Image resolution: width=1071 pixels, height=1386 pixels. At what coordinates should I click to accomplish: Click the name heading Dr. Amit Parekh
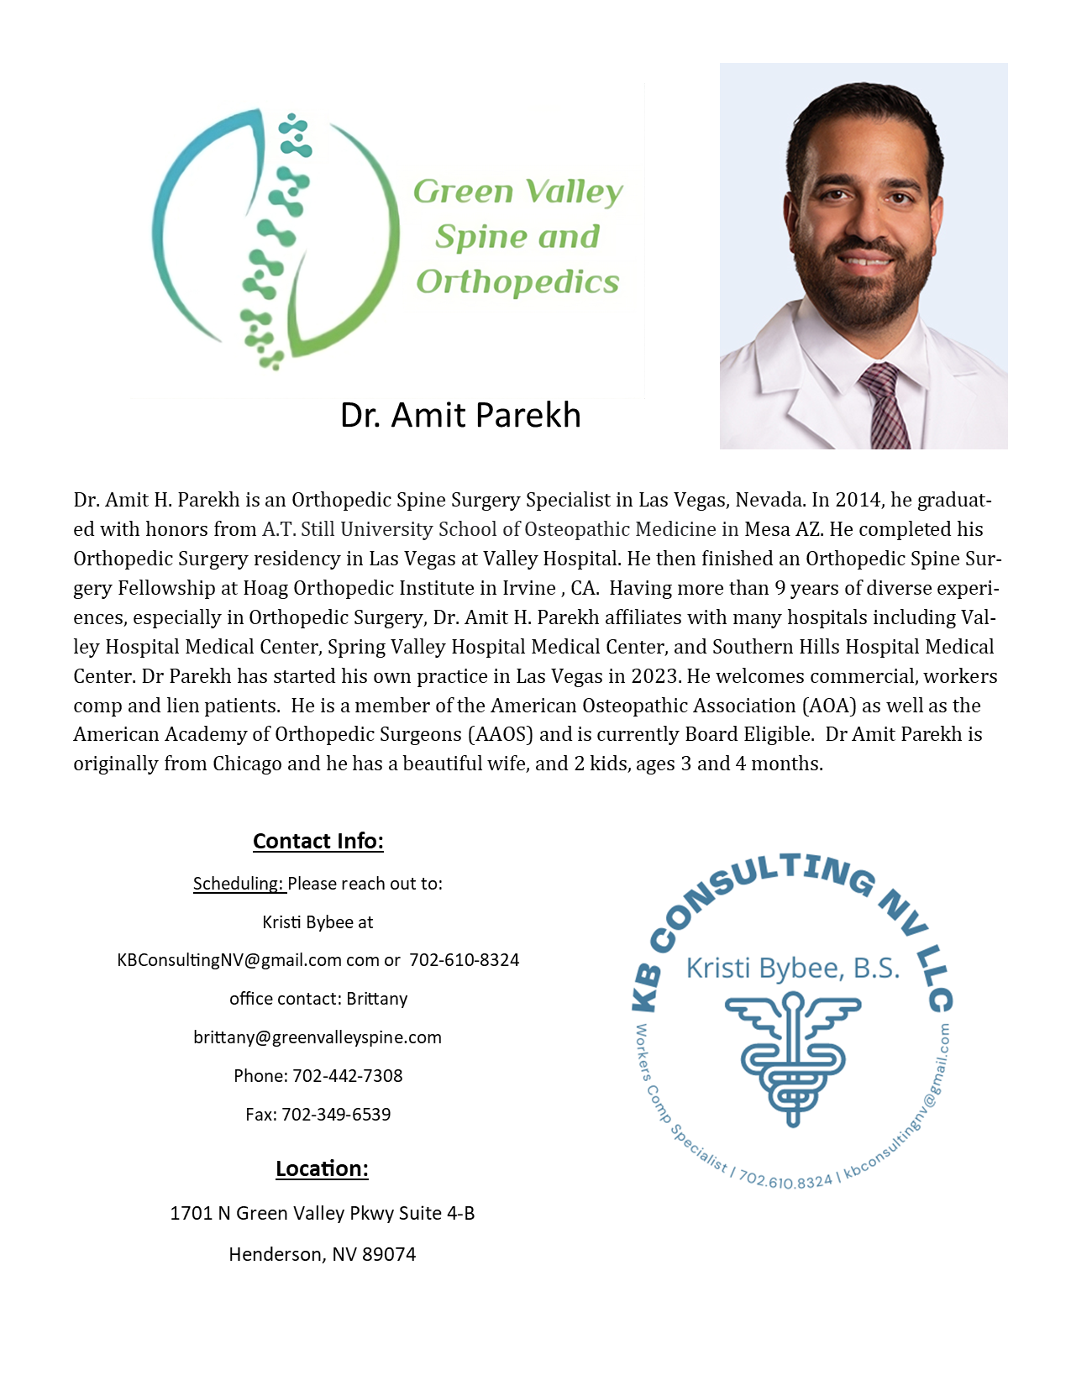click(x=460, y=415)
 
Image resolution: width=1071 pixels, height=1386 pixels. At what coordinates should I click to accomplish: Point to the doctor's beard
click(x=865, y=290)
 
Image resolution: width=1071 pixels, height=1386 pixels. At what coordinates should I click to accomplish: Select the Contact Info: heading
click(x=318, y=841)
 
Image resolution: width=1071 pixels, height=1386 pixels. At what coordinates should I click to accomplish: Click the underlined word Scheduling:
click(x=239, y=884)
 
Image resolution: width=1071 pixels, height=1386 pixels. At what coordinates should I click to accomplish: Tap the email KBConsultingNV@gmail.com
click(x=229, y=960)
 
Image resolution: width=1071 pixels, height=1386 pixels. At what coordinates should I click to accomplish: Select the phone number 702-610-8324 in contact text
click(x=465, y=960)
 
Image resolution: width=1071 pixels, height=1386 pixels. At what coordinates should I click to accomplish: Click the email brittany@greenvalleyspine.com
click(x=318, y=1037)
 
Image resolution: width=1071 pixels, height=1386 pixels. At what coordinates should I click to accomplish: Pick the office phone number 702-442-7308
click(x=348, y=1076)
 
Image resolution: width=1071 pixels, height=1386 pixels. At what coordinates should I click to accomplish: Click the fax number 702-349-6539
click(x=336, y=1115)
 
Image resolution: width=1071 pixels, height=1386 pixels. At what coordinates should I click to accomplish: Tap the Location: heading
click(x=322, y=1168)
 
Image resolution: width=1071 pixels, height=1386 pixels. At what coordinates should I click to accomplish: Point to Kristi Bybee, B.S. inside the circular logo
click(x=793, y=969)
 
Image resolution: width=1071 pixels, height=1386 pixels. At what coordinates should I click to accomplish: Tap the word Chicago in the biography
click(x=247, y=764)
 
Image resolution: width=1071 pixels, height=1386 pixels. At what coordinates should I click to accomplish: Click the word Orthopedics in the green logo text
click(x=517, y=282)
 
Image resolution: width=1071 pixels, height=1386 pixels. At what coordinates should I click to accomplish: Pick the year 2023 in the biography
click(x=654, y=676)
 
